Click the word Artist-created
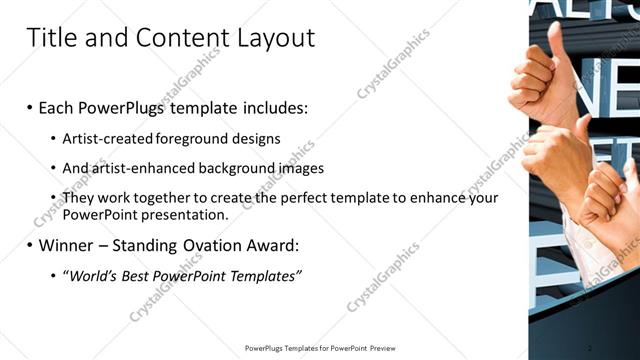coord(103,137)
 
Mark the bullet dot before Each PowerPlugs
coord(30,106)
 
